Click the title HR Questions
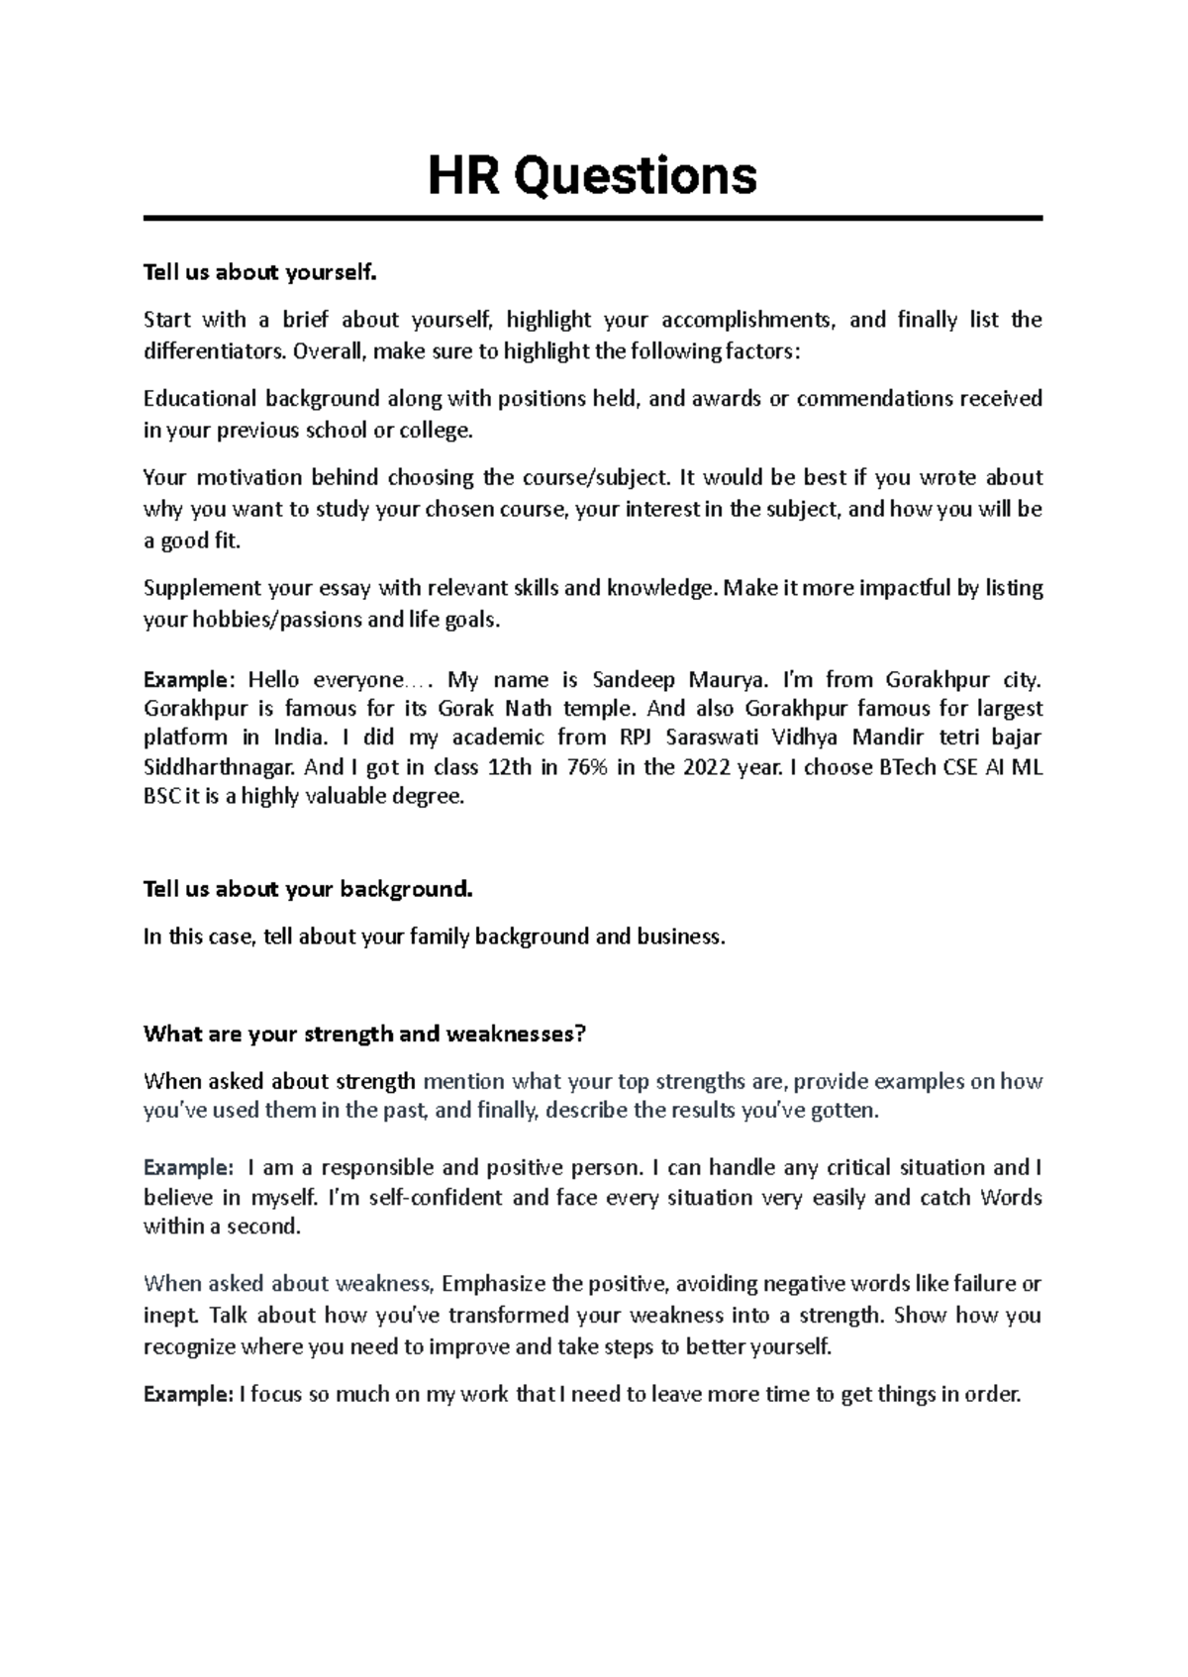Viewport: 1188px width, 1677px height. (592, 176)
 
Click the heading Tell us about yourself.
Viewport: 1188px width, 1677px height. (260, 272)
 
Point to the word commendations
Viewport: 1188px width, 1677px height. (870, 399)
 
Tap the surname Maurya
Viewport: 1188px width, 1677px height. (721, 680)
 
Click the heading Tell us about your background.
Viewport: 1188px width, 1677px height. (308, 889)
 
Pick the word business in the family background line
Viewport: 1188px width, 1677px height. (680, 937)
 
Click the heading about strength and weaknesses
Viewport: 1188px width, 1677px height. (364, 1035)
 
